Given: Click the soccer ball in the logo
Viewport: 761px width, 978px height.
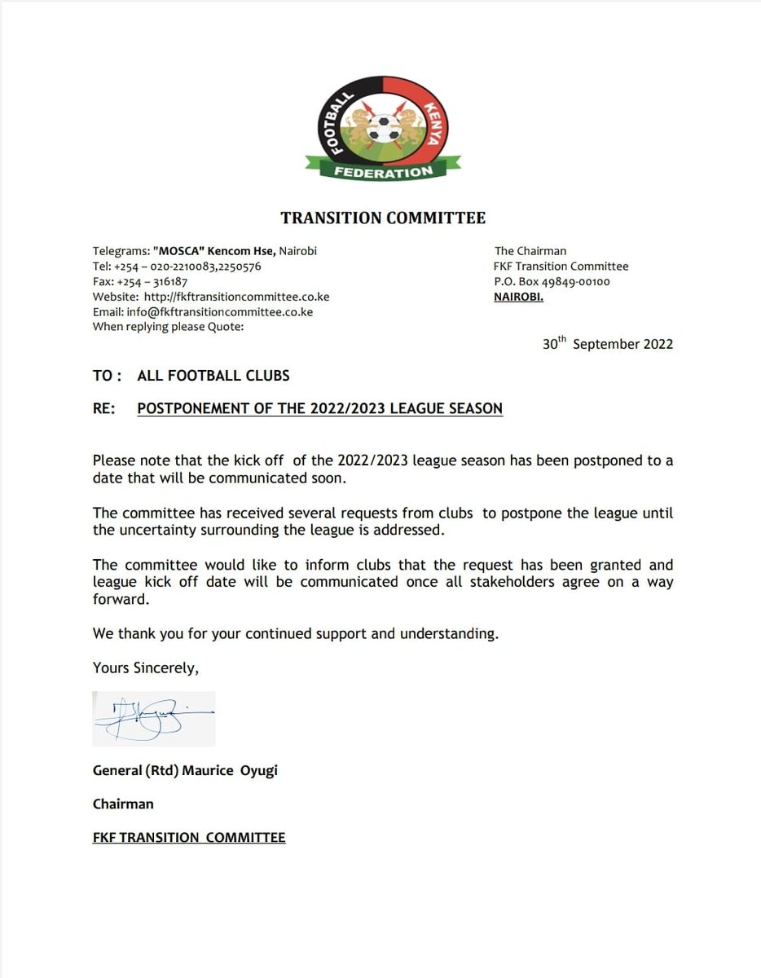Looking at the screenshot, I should [383, 129].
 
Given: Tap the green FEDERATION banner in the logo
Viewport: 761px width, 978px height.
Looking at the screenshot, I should [382, 172].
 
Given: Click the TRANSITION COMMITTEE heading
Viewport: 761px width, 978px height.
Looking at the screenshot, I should [383, 218].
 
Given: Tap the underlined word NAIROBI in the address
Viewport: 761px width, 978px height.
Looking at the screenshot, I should [518, 297].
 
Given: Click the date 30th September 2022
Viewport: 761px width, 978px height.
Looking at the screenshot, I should [608, 344].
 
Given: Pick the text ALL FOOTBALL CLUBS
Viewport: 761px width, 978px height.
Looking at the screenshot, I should [213, 376].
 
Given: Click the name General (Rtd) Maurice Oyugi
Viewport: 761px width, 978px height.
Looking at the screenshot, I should [185, 770].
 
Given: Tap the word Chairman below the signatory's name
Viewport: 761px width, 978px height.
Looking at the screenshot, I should [123, 804].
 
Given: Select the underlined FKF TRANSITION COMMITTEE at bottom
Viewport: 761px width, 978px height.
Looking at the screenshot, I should [189, 837].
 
